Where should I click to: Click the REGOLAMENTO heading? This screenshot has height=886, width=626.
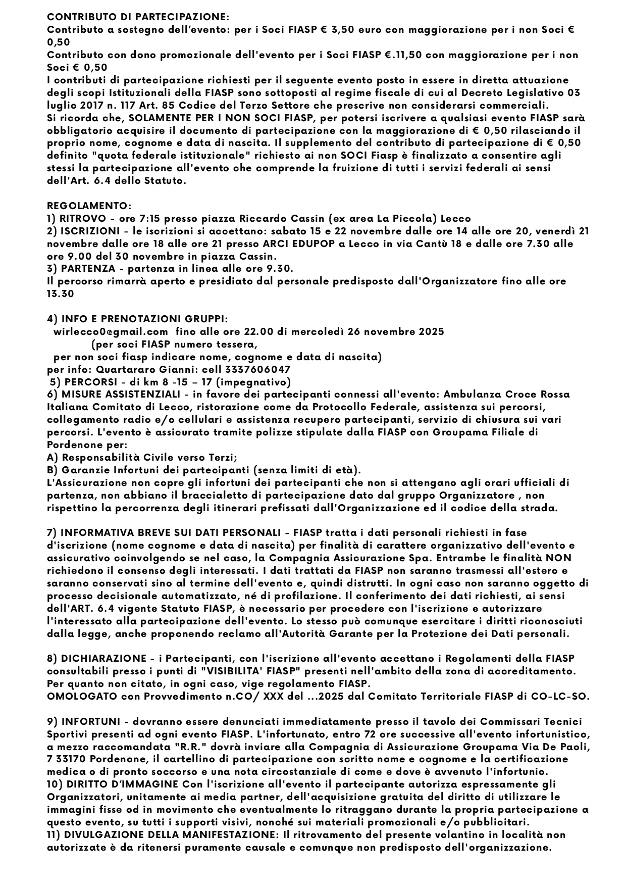(x=89, y=206)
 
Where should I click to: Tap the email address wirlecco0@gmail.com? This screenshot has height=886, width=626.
(x=111, y=332)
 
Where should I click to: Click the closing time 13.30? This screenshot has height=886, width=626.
(x=60, y=294)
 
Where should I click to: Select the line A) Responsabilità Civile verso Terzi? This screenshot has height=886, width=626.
(x=142, y=458)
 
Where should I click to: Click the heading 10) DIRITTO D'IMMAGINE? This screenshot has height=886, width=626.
(x=113, y=784)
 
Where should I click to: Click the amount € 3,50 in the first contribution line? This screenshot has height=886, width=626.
(x=338, y=30)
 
